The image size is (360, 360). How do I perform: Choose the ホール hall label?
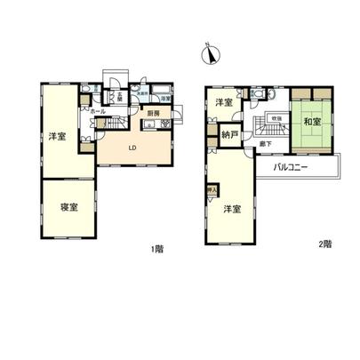pos(99,111)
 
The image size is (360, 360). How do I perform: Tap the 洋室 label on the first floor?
pos(52,136)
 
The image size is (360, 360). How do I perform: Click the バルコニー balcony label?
pos(291,166)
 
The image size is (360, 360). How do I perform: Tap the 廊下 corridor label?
pos(265,144)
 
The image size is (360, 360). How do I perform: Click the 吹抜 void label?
pos(277,117)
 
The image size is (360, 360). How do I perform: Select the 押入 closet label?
pos(212,190)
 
